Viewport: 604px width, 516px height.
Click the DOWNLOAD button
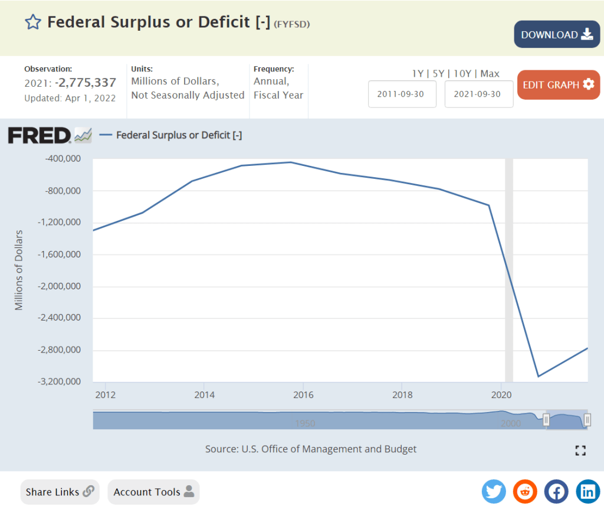pos(557,35)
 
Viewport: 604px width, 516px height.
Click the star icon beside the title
pos(32,22)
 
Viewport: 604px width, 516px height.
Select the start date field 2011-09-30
pos(402,94)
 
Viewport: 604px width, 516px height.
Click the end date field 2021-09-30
pos(478,94)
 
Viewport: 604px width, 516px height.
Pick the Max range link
pos(490,74)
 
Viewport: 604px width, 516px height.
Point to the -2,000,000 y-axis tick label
pos(59,286)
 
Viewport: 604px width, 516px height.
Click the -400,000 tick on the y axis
pos(63,159)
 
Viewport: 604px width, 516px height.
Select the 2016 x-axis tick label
pos(303,394)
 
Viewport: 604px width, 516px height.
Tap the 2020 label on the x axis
pos(501,394)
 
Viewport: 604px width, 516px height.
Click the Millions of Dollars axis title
pos(19,270)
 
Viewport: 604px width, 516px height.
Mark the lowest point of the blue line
pos(538,376)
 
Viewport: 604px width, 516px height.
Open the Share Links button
pos(60,492)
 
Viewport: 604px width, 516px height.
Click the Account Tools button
pos(153,492)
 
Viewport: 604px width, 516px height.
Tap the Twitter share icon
pos(494,491)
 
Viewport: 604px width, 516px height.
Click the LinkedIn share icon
pos(587,491)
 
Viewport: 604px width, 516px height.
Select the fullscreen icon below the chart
pos(580,450)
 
